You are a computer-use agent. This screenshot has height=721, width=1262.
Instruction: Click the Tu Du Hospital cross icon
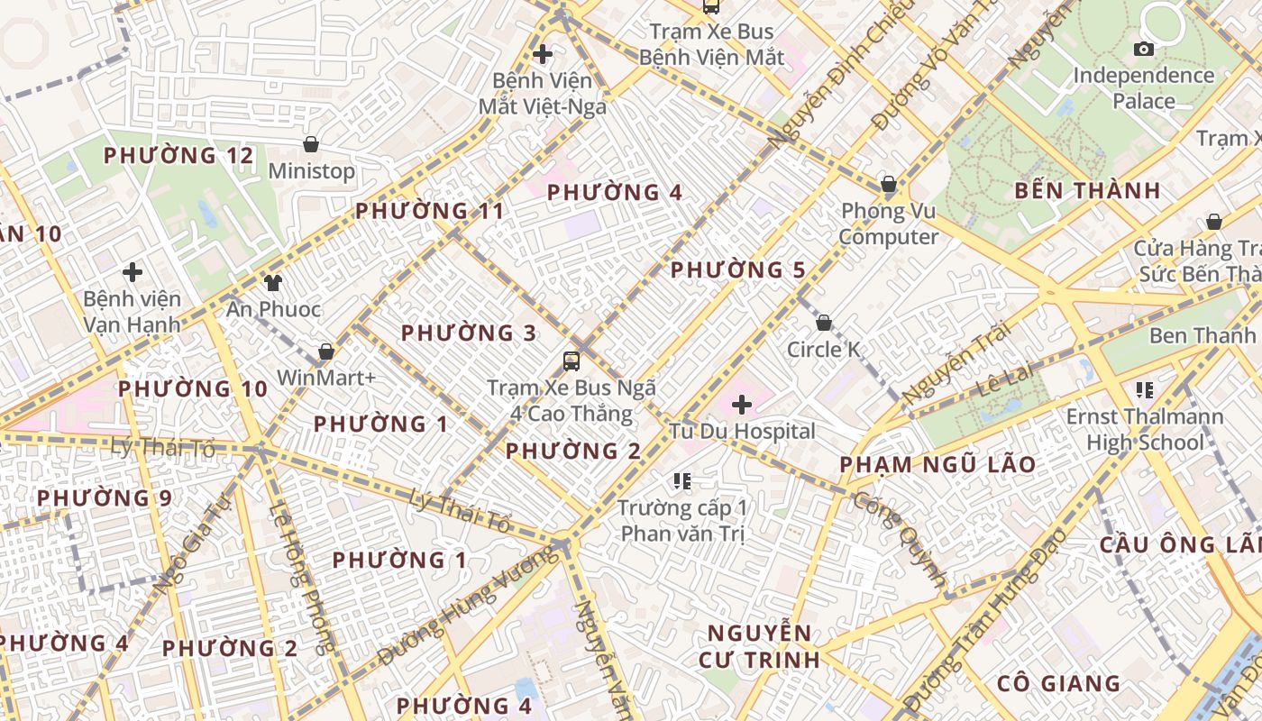coord(741,405)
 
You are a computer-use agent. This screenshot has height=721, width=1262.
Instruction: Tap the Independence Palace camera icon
coord(1144,49)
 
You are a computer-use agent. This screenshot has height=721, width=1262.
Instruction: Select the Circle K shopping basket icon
coord(823,323)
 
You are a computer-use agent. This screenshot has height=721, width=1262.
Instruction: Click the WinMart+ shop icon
coord(326,351)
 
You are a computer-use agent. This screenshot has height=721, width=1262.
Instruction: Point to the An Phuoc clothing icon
coord(273,283)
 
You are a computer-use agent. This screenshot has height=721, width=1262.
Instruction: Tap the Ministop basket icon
coord(311,144)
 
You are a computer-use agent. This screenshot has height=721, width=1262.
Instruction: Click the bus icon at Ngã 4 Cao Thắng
coord(572,361)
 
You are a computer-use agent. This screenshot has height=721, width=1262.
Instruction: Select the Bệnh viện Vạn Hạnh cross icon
coord(133,271)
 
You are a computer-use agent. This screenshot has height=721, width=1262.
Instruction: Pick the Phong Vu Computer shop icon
coord(888,185)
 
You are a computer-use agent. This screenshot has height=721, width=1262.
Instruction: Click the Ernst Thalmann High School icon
coord(1145,390)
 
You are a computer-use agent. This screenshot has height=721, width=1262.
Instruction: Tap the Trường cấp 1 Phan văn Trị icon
coord(682,481)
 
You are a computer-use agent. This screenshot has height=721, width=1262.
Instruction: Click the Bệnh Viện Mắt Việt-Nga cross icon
coord(542,54)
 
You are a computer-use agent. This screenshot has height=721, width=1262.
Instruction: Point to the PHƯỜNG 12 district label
coord(178,156)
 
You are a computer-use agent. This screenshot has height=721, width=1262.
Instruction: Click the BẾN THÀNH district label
coord(1087,191)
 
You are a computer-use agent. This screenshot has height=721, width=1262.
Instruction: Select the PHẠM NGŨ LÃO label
coord(937,465)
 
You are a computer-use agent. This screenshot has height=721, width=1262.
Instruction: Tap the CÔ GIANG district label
coord(1058,683)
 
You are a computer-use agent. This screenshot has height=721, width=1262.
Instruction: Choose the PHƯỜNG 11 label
coord(429,212)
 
